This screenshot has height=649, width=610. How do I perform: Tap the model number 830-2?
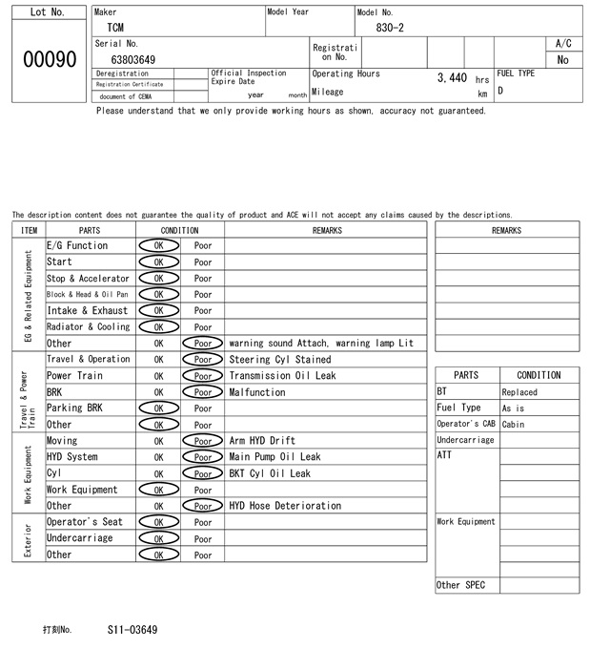point(390,28)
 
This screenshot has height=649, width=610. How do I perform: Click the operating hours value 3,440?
point(451,77)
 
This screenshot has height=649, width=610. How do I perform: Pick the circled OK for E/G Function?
point(158,245)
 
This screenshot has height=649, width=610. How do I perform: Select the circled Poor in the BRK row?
point(203,392)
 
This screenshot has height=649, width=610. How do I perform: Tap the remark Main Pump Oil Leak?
point(274,457)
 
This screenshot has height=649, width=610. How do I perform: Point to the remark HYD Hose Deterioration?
point(285,506)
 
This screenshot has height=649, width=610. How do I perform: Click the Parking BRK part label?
point(74,408)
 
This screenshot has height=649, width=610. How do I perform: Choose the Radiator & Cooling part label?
point(88,326)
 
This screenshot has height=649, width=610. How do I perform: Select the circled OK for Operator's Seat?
point(158,522)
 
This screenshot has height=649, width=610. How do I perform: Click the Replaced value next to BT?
point(519,392)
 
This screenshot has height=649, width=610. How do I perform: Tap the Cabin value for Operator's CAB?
point(514,425)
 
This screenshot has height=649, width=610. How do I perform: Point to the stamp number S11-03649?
point(132,630)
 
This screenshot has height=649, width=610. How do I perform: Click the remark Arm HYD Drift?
point(262,441)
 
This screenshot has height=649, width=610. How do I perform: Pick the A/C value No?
point(562,60)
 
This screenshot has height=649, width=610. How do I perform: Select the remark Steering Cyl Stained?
point(280,360)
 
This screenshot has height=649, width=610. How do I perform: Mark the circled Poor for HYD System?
point(203,457)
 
